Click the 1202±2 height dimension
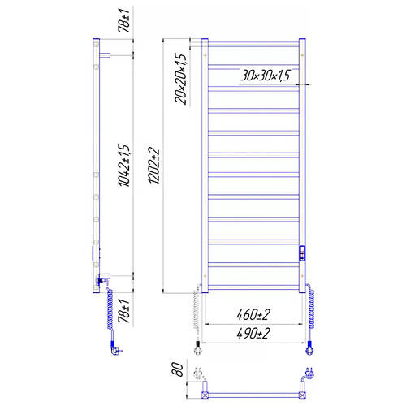[x=154, y=166]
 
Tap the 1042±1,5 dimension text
[x=124, y=166]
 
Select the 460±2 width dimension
[x=253, y=315]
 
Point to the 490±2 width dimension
[x=253, y=334]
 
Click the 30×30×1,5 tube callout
[x=266, y=76]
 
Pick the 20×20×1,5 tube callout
[x=181, y=79]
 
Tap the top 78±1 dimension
[x=124, y=20]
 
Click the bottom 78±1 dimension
[x=124, y=311]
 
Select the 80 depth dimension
[x=178, y=369]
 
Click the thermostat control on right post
[x=302, y=253]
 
